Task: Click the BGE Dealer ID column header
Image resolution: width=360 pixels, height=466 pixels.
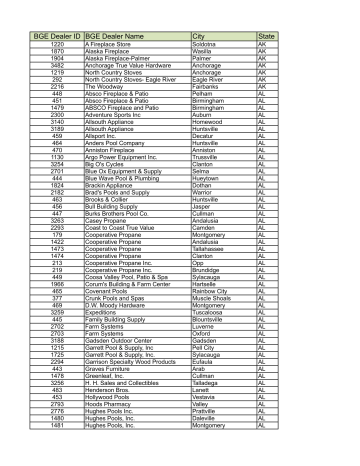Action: point(57,36)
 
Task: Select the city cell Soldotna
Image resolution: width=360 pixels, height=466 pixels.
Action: point(206,45)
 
